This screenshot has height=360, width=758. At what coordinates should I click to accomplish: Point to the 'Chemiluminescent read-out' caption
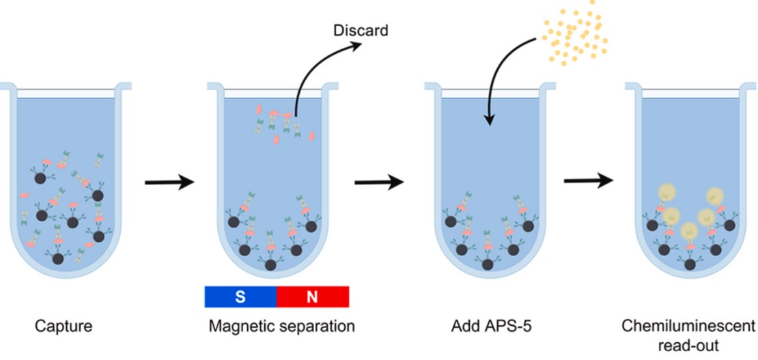[688, 335]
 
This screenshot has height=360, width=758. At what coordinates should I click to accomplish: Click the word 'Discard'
[360, 31]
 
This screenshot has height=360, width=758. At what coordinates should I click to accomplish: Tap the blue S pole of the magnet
[240, 296]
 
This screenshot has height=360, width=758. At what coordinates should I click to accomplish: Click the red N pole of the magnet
[313, 296]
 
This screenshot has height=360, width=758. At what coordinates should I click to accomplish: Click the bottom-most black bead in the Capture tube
[59, 258]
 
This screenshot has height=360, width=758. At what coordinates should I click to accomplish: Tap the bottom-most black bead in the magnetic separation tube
[271, 264]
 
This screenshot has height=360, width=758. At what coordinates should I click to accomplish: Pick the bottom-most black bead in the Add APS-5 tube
[487, 264]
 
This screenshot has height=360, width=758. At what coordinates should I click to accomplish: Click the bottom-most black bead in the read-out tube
[690, 264]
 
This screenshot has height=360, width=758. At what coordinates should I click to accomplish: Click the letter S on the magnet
[240, 296]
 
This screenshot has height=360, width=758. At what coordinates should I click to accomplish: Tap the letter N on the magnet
[313, 296]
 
